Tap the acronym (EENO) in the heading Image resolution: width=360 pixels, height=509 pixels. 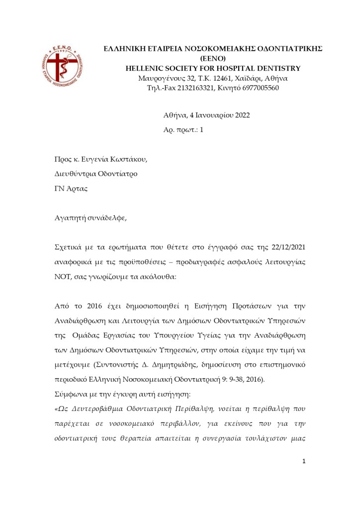coord(212,58)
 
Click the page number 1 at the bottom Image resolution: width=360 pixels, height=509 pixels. coord(304,461)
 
